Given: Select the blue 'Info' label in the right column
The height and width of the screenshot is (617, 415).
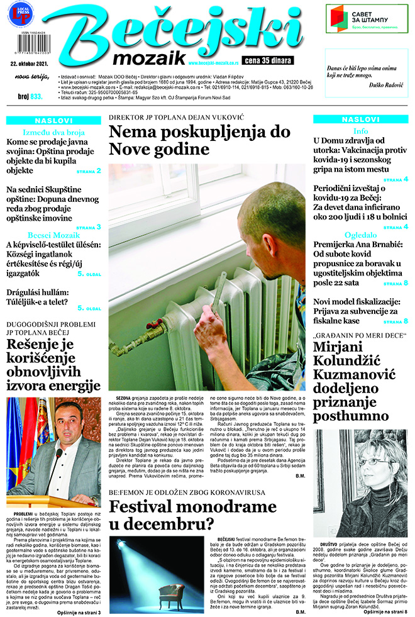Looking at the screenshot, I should click(360, 131).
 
